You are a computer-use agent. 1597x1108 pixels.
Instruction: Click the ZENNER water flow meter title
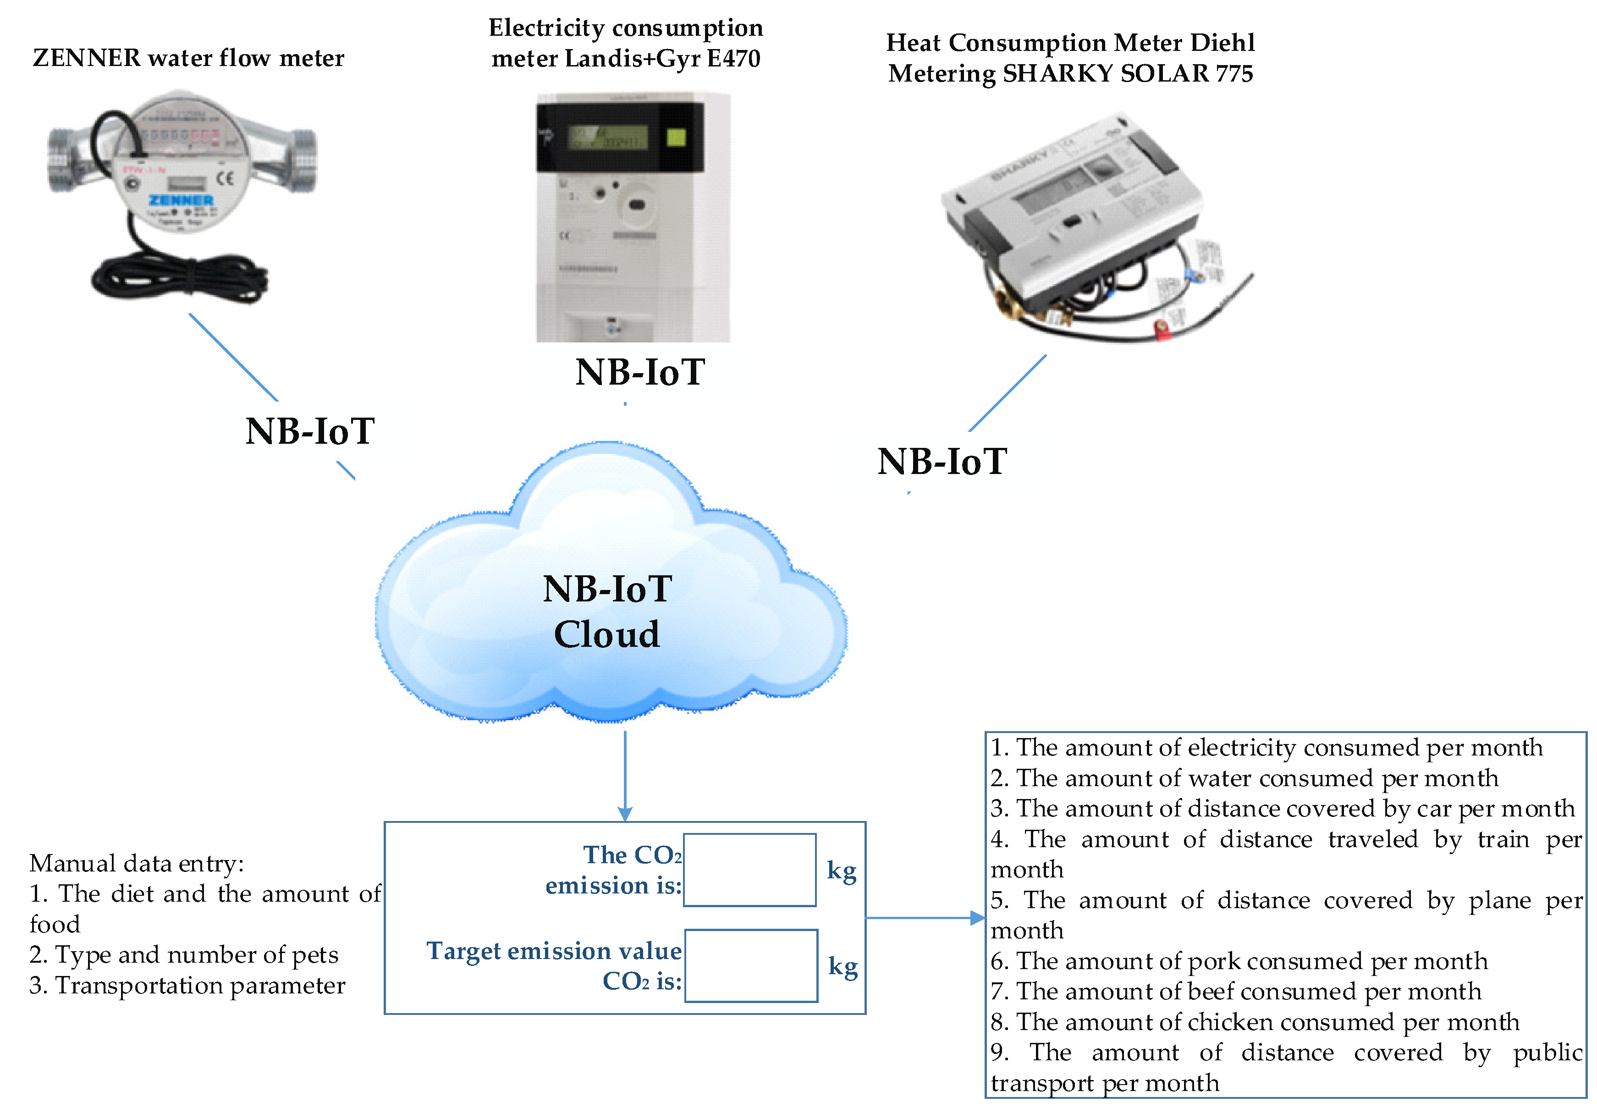click(x=188, y=58)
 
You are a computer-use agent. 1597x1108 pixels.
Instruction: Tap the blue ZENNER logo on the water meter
click(x=181, y=200)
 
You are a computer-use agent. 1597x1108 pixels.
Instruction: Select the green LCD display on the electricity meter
click(x=608, y=137)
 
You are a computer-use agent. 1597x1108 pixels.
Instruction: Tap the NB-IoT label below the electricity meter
click(x=640, y=372)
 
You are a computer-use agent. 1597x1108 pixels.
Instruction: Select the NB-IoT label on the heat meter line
click(x=942, y=462)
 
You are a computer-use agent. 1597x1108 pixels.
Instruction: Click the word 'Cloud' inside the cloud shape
click(x=606, y=634)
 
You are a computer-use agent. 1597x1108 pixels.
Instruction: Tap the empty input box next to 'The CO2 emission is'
click(x=749, y=870)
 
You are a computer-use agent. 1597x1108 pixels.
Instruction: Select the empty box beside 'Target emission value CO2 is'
click(x=751, y=966)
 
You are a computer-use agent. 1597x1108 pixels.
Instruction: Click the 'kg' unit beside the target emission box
click(x=843, y=966)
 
